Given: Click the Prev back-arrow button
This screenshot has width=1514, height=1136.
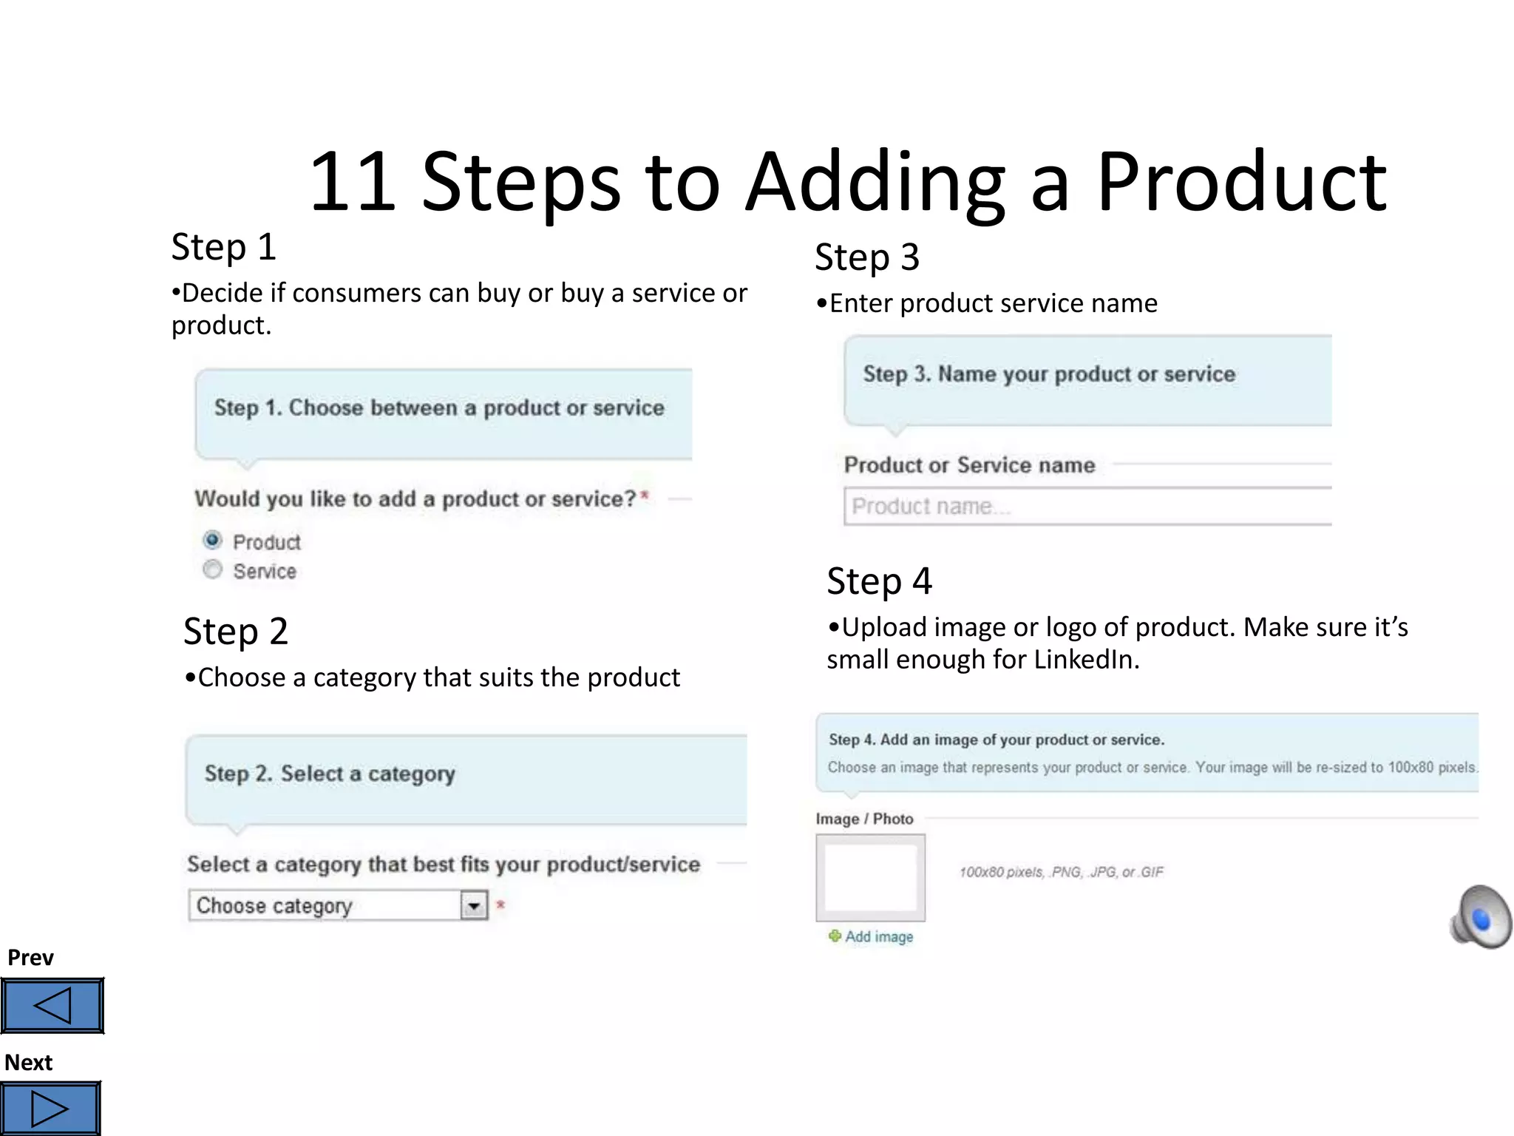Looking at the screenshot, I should pos(52,1005).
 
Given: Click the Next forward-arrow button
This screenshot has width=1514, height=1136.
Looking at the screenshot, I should pos(50,1109).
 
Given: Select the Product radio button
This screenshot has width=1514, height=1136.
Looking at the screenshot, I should pos(212,540).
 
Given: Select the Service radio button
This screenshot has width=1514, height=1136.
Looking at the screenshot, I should pos(212,569).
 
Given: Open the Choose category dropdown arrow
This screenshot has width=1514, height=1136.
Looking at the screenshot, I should pos(473,905).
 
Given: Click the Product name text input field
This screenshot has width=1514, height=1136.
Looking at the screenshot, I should pos(1087,507).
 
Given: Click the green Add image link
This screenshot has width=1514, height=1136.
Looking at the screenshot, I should pos(878,936).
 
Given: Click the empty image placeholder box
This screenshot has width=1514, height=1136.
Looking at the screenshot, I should pos(870,877).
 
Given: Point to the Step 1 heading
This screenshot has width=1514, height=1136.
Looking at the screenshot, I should pos(223,247).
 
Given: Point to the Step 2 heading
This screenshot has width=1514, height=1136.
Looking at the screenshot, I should pos(235,632).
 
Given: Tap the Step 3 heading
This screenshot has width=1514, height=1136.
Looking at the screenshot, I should pos(866,257).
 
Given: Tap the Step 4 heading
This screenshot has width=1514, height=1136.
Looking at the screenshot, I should pos(879,581).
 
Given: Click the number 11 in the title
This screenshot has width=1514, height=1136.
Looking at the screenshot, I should pos(352,182).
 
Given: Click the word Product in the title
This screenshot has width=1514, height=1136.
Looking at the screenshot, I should pos(1240,182).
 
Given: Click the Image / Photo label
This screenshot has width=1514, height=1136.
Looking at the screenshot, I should pos(864,819).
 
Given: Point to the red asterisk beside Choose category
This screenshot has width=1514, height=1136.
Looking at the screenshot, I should pos(500,905).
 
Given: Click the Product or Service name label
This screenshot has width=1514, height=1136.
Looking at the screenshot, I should pos(969,465).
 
